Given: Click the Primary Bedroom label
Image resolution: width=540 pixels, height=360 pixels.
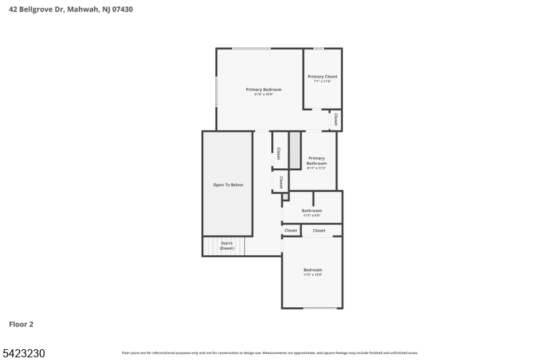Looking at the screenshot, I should pyautogui.click(x=263, y=89).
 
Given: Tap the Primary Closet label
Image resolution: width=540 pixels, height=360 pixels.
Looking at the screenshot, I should pyautogui.click(x=322, y=76).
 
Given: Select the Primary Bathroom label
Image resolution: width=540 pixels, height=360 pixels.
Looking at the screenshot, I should pyautogui.click(x=317, y=161).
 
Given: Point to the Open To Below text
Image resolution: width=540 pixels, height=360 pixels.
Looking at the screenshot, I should pyautogui.click(x=227, y=184).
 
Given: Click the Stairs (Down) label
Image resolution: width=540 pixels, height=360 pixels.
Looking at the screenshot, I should pyautogui.click(x=226, y=246).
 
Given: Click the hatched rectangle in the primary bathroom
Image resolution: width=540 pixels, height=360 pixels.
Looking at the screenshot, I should pyautogui.click(x=294, y=150).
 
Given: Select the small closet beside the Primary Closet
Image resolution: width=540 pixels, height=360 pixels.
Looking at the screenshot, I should pyautogui.click(x=335, y=120).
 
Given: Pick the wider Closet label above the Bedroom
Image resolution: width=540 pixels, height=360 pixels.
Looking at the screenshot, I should pyautogui.click(x=319, y=230).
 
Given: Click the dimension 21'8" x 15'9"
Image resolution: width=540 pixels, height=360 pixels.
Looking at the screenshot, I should pyautogui.click(x=263, y=95).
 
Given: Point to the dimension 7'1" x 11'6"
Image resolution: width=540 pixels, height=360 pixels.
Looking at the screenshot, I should pyautogui.click(x=322, y=82).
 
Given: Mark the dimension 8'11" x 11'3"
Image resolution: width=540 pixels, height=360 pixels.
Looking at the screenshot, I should pyautogui.click(x=317, y=168).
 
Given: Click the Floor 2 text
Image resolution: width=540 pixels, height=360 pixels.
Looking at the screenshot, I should pyautogui.click(x=21, y=324).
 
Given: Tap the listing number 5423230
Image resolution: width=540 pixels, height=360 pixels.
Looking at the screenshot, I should pyautogui.click(x=24, y=353).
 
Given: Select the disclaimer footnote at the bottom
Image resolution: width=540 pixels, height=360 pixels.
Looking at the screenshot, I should pyautogui.click(x=269, y=353).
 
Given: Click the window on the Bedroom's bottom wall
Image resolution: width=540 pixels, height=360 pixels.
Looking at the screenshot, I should pyautogui.click(x=320, y=309).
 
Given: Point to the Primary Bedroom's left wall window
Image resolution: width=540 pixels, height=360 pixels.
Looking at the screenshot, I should pyautogui.click(x=216, y=91).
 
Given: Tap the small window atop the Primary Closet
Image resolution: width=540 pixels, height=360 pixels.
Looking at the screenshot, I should pyautogui.click(x=319, y=49).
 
